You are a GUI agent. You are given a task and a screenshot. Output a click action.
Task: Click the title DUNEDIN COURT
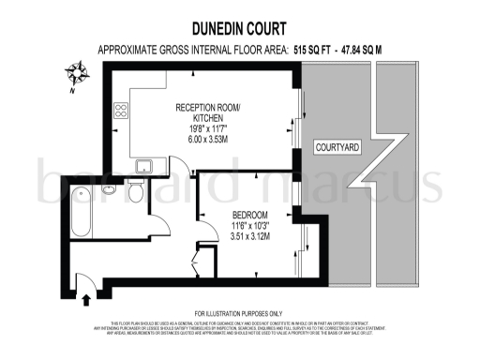[x=241, y=29]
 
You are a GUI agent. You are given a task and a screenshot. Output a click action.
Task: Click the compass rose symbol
[x=78, y=71]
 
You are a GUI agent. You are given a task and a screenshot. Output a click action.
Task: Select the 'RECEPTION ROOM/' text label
[x=208, y=108]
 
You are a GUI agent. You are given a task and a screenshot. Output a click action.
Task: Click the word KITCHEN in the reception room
[x=208, y=119]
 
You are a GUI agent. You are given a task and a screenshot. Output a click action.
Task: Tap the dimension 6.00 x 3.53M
[x=208, y=142]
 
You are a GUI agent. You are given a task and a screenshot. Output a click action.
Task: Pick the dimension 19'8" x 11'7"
[x=208, y=130]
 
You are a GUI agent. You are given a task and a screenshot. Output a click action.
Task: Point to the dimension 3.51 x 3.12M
[x=250, y=237]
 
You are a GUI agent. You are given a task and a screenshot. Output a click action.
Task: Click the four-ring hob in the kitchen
[x=121, y=111]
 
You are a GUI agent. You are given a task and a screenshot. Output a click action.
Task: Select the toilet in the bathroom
[x=136, y=193]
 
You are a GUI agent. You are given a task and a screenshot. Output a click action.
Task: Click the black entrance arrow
[x=87, y=299]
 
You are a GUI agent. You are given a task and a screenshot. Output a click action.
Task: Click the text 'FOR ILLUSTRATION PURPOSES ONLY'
[x=238, y=313]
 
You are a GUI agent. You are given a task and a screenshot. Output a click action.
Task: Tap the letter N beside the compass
[x=71, y=92]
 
